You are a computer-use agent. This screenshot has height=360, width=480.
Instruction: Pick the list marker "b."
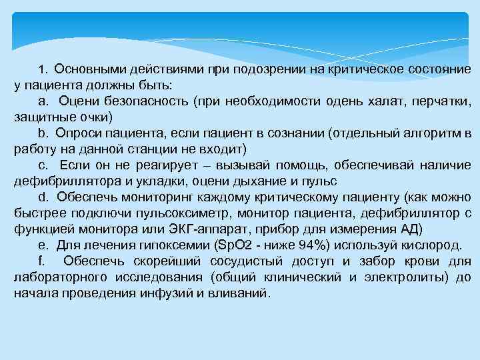(45, 133)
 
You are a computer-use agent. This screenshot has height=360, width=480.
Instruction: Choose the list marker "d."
(45, 197)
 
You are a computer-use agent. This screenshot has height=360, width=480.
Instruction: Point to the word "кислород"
(437, 244)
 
